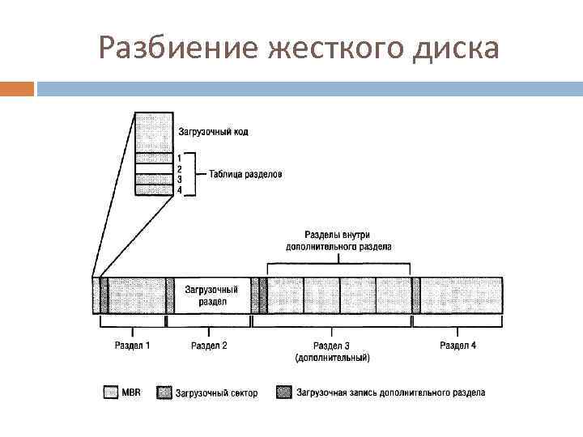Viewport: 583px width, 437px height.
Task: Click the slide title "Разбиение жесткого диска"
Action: (298, 49)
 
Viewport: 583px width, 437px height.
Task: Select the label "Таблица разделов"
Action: (245, 173)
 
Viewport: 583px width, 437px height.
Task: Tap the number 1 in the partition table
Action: (179, 158)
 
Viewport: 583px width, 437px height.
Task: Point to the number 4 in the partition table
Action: (179, 189)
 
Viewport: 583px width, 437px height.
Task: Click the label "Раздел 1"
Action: (132, 346)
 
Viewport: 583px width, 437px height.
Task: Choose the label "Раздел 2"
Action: (209, 346)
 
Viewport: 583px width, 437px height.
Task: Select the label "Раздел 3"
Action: (333, 346)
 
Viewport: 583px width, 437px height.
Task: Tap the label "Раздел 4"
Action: (457, 346)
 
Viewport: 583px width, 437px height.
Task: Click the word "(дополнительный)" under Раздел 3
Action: (333, 357)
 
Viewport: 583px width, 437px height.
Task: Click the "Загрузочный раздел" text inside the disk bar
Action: (211, 295)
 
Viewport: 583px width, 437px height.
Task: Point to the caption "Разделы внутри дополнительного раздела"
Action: (338, 240)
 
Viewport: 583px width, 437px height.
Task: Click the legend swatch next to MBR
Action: (111, 392)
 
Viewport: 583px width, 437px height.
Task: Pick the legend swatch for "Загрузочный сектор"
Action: (164, 392)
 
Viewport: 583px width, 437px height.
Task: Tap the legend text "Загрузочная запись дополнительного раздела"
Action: (390, 392)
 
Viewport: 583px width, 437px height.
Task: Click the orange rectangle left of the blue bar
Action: (17, 88)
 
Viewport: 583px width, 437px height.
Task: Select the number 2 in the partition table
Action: (179, 168)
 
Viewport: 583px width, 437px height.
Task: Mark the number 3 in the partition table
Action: (179, 179)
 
